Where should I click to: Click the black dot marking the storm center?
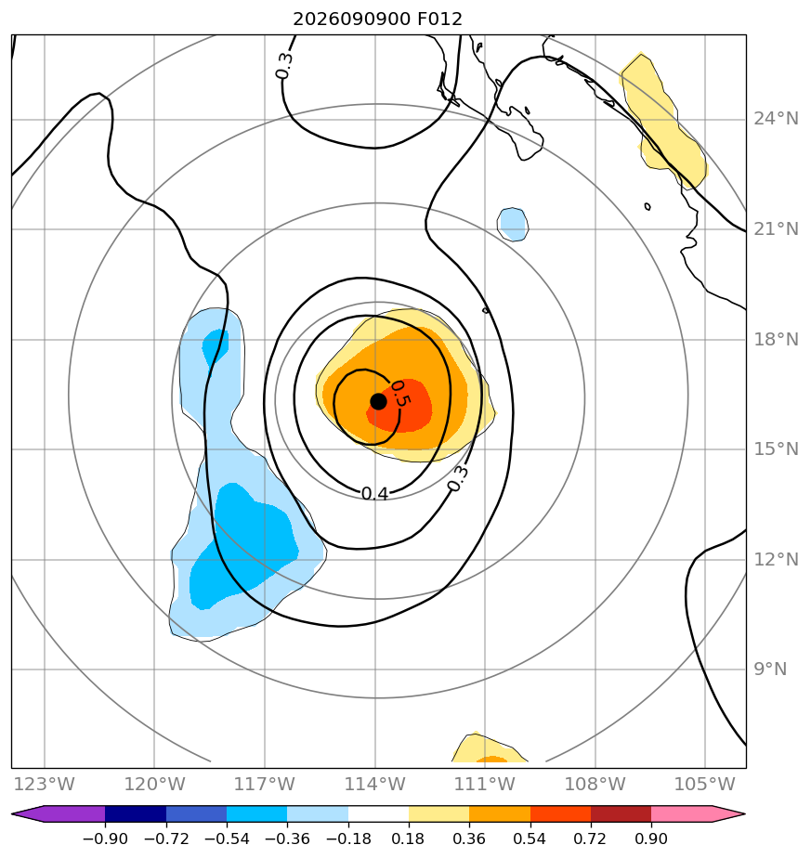pyautogui.click(x=378, y=401)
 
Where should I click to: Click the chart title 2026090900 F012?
pyautogui.click(x=377, y=19)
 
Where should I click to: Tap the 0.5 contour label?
pyautogui.click(x=400, y=393)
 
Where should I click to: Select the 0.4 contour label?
pyautogui.click(x=375, y=493)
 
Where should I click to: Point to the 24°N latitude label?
pyautogui.click(x=776, y=118)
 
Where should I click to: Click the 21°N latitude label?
pyautogui.click(x=776, y=228)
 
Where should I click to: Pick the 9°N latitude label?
pyautogui.click(x=770, y=669)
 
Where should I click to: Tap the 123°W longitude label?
pyautogui.click(x=44, y=784)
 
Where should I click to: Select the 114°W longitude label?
pyautogui.click(x=375, y=784)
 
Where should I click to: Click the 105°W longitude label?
pyautogui.click(x=705, y=784)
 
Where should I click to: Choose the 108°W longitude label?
pyautogui.click(x=595, y=784)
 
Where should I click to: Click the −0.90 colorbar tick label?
pyautogui.click(x=105, y=838)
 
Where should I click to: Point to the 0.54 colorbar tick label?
pyautogui.click(x=530, y=838)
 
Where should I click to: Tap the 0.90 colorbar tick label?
pyautogui.click(x=651, y=838)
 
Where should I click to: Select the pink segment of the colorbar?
pyautogui.click(x=682, y=813)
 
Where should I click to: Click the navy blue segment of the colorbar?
pyautogui.click(x=136, y=813)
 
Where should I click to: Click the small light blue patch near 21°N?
pyautogui.click(x=513, y=225)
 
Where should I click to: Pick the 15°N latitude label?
pyautogui.click(x=776, y=448)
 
